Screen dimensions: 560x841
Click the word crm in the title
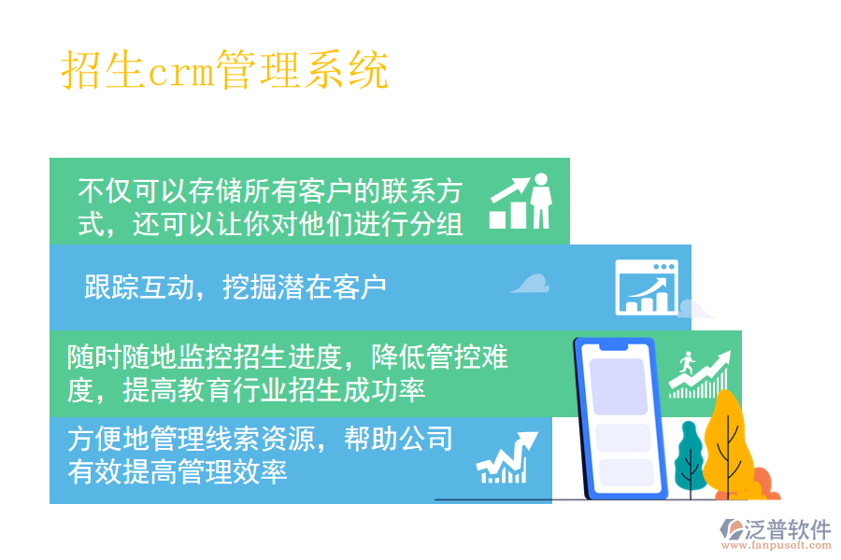(180, 72)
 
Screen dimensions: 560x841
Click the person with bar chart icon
(520, 202)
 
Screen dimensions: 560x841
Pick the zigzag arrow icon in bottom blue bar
(506, 458)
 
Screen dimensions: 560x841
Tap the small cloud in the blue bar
(531, 284)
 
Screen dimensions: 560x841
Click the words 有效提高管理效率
(177, 471)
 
